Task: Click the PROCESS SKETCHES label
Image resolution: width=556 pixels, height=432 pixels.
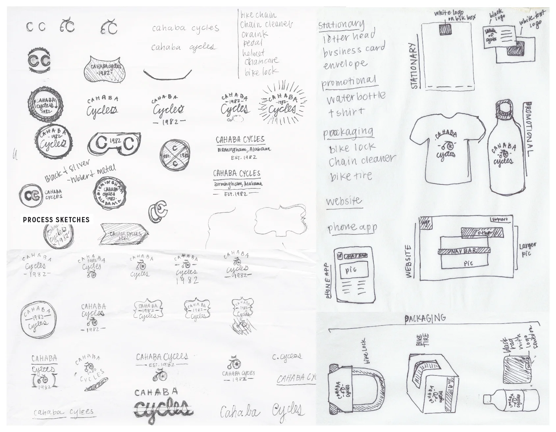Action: pos(56,220)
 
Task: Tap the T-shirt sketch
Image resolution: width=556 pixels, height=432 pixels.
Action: pos(447,148)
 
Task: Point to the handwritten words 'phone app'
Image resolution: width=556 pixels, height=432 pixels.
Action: pos(352,227)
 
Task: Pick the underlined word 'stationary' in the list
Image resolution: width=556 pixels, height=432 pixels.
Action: pos(341,24)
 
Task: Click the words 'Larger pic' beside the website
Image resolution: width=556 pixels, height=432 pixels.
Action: pos(528,249)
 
